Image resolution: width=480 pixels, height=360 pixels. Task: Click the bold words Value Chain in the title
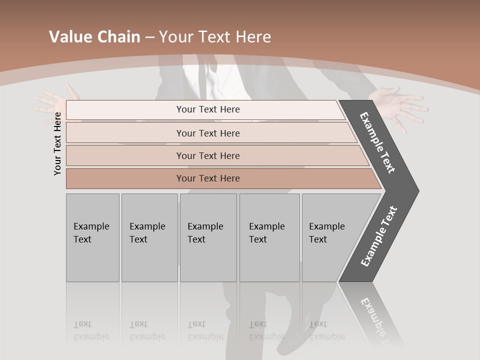(x=94, y=37)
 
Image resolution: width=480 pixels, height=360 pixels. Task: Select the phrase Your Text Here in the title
(x=215, y=37)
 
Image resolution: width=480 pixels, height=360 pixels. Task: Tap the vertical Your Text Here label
(x=57, y=143)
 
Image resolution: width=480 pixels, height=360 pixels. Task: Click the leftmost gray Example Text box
(x=92, y=237)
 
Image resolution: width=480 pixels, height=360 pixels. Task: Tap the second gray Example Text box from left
(x=149, y=237)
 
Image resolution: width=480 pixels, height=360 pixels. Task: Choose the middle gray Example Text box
(x=208, y=237)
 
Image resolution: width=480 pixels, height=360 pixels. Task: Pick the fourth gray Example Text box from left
(x=269, y=237)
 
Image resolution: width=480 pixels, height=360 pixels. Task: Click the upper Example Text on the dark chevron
(x=378, y=142)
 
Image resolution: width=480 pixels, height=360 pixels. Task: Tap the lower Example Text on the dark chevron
(x=379, y=236)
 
